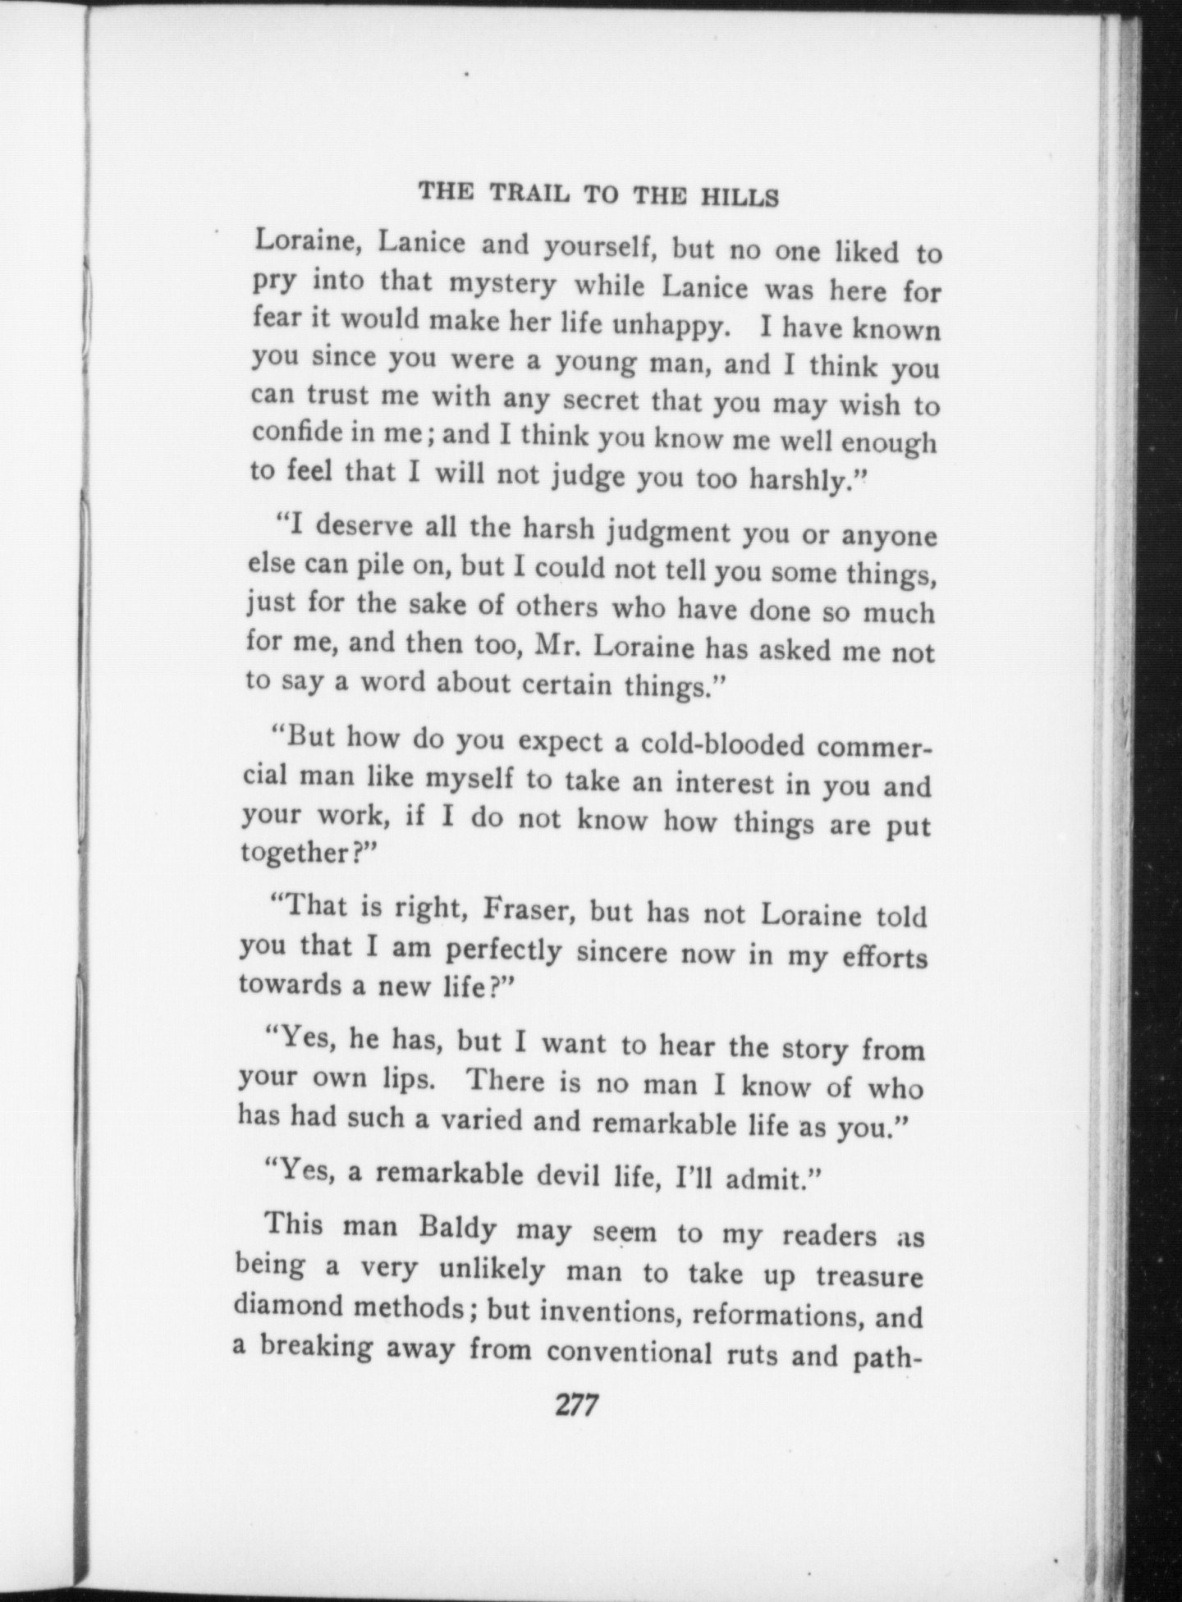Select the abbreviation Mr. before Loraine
[558, 648]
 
